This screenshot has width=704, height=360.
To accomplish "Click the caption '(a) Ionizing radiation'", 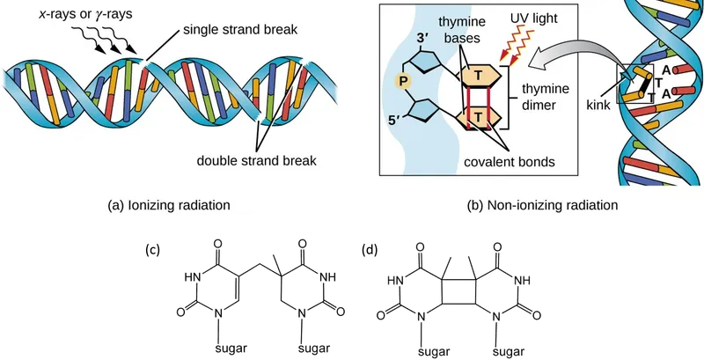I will tap(169, 204).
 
